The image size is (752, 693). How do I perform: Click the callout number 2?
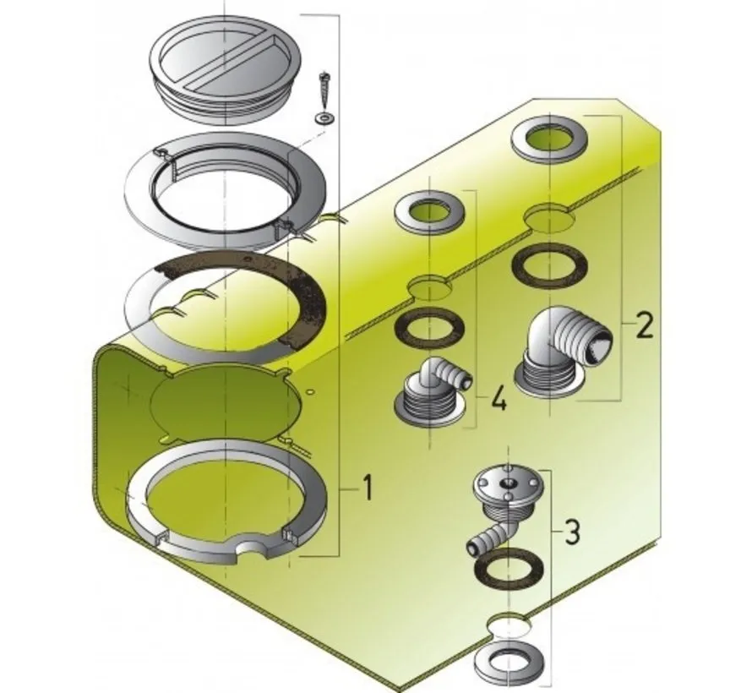point(645,325)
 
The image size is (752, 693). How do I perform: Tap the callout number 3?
point(572,532)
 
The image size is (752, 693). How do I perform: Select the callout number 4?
point(499,397)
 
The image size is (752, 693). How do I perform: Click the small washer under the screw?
point(323,116)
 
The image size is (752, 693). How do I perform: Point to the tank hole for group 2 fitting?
point(550,218)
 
